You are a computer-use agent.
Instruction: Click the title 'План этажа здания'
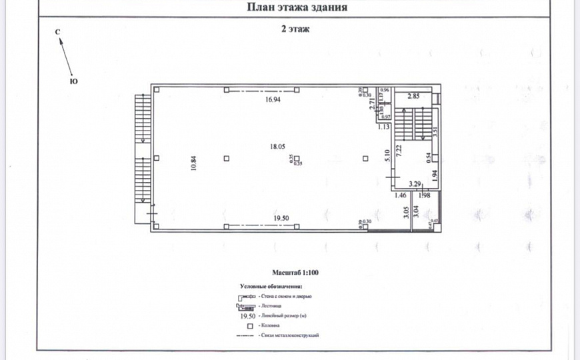point(297,8)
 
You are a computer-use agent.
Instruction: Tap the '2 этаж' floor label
point(295,29)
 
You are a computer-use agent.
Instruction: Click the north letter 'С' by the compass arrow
point(57,32)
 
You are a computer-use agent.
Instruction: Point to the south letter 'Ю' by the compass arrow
point(73,81)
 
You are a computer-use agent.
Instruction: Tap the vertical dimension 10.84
point(193,163)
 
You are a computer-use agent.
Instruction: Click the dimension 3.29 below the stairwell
point(415,183)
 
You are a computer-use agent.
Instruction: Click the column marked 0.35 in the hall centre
point(297,158)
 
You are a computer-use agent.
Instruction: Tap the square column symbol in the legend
point(249,325)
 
